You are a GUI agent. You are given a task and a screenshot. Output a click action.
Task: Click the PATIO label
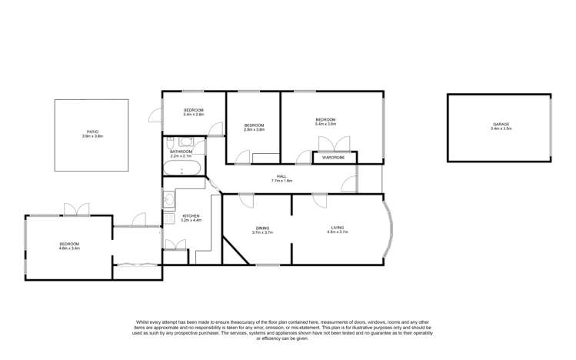point(92,132)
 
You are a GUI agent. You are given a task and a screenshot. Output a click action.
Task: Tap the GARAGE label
point(501,125)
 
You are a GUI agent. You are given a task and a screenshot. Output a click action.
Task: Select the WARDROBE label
point(333,158)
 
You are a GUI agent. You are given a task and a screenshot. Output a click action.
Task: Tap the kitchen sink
point(169,201)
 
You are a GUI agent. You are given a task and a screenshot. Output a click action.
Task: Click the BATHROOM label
point(181,152)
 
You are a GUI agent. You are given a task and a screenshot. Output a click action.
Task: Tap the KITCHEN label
point(191,216)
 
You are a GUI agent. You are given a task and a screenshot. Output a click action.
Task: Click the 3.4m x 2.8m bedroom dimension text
point(193,115)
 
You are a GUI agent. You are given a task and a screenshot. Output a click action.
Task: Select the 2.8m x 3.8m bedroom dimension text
point(254,129)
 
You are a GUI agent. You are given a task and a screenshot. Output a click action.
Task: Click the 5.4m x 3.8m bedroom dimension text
point(326,124)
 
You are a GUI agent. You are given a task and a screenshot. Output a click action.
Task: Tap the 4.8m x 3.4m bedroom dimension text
point(70,248)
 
